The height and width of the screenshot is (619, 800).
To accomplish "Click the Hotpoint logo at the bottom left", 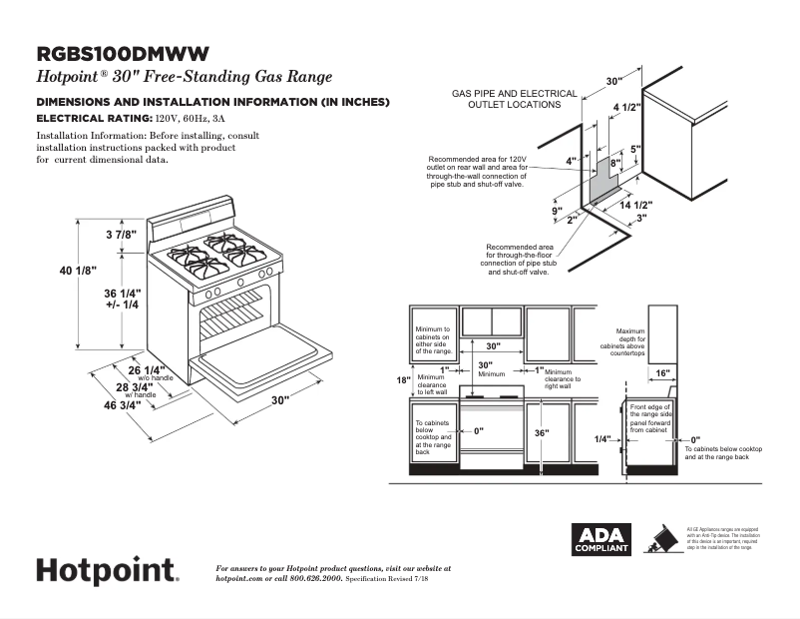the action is coord(108,570).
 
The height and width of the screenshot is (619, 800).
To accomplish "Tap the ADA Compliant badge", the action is coord(601,539).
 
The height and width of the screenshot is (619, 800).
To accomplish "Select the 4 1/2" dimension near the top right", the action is coord(625,107).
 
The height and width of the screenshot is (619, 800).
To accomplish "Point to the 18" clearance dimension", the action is coord(403,380).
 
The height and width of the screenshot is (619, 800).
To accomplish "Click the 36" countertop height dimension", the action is coord(542,432).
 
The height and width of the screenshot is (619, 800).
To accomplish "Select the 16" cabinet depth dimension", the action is coord(662,372).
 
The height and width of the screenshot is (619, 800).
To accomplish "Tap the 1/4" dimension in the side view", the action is coord(601,438).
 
